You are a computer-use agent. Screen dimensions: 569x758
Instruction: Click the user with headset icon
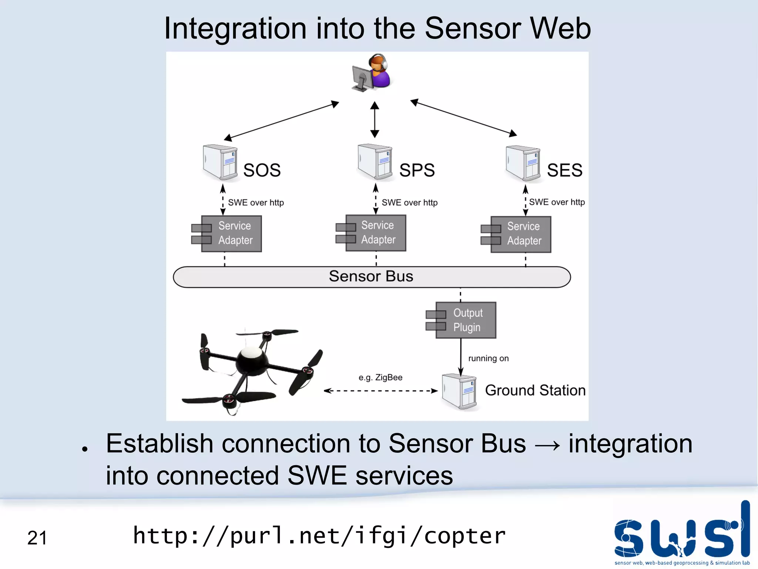pos(371,73)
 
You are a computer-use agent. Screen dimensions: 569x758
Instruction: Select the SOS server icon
pos(220,163)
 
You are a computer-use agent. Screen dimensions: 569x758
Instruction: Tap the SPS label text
pos(417,170)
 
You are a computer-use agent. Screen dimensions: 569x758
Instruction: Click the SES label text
pos(564,170)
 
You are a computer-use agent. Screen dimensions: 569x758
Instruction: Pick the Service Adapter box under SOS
pos(231,234)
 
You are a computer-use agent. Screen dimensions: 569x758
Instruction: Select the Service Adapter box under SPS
pos(375,233)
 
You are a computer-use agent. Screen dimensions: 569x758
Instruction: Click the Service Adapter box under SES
pos(520,234)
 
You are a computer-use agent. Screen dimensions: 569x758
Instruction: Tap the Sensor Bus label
pos(371,276)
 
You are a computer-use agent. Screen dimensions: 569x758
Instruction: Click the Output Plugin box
pos(465,320)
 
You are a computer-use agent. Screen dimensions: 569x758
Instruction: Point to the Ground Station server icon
pos(459,392)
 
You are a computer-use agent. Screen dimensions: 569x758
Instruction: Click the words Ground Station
pos(535,390)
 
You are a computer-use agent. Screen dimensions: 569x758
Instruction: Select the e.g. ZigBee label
pos(380,377)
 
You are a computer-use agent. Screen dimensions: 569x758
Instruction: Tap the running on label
pos(488,358)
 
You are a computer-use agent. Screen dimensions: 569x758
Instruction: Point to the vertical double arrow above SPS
pos(375,120)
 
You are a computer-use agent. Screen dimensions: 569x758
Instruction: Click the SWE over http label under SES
pos(557,202)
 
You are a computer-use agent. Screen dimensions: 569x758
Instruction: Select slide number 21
pos(37,538)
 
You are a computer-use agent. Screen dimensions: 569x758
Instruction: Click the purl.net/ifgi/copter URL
pos(319,536)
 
